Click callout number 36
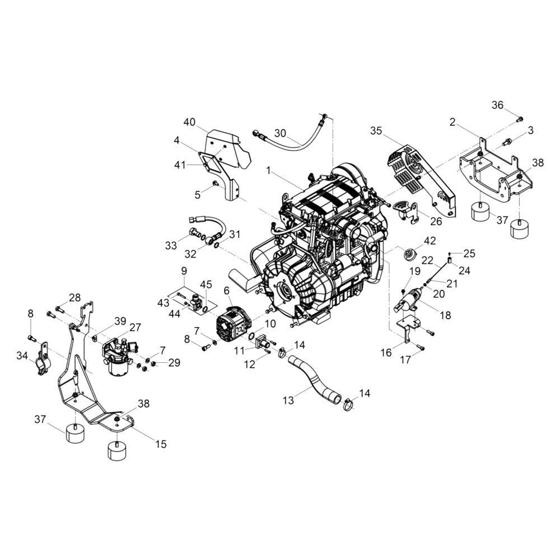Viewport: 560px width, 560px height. click(x=497, y=105)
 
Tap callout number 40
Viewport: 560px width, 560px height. click(x=190, y=122)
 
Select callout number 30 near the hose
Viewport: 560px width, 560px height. click(x=281, y=133)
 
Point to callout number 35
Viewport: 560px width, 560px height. click(x=376, y=130)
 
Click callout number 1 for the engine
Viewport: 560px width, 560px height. click(x=268, y=171)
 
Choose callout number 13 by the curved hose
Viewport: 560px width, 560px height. click(x=288, y=400)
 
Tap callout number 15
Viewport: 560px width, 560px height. click(x=161, y=444)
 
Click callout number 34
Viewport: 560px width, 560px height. click(x=22, y=356)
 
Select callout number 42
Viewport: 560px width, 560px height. click(x=430, y=241)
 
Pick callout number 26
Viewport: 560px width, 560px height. click(x=436, y=221)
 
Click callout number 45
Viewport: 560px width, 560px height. click(x=206, y=284)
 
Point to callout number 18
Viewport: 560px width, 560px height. click(x=446, y=315)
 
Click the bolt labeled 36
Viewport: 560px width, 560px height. click(x=520, y=119)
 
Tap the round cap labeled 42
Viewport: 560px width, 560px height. click(x=408, y=255)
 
